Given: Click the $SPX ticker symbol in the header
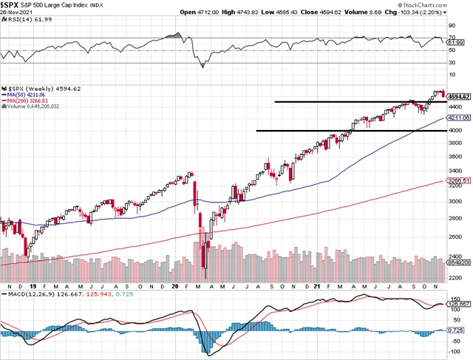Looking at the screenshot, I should point(13,5).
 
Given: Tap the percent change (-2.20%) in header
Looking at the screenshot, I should point(450,13).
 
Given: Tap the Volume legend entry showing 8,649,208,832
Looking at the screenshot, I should point(37,106).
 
